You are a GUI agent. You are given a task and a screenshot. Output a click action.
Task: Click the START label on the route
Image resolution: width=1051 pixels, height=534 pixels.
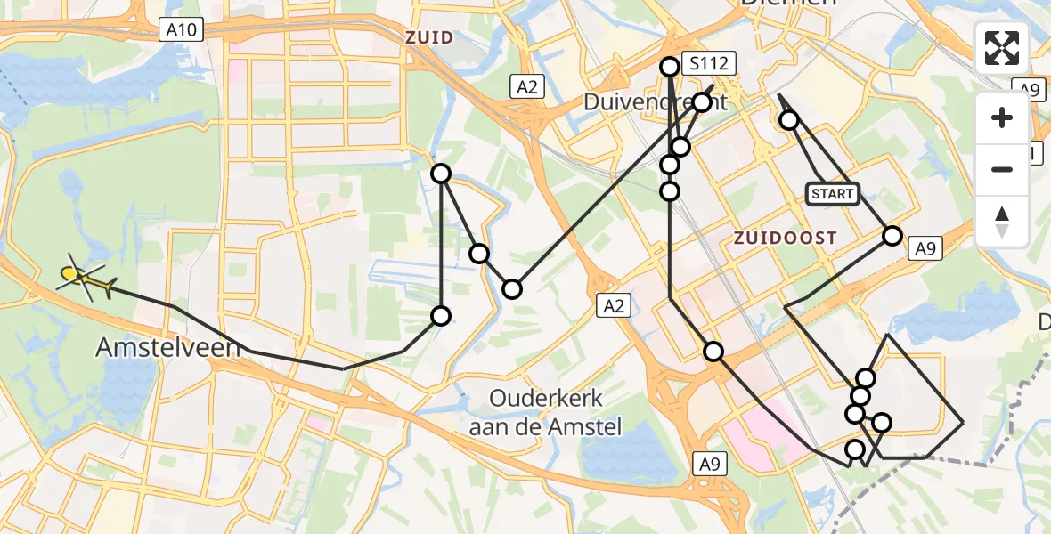click(833, 194)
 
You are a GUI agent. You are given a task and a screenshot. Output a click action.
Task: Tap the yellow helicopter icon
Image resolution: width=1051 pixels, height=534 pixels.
click(85, 279)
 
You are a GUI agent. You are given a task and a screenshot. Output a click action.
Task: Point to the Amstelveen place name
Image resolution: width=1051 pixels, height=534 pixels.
click(167, 348)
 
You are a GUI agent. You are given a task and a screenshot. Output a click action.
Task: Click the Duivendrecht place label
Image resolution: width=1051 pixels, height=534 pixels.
click(655, 101)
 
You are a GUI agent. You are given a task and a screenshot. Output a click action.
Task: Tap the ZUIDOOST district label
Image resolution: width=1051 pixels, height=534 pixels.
click(785, 238)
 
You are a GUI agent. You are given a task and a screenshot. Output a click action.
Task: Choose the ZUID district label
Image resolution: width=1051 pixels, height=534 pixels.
click(429, 37)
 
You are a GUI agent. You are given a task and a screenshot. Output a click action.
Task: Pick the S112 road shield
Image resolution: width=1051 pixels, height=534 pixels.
click(709, 63)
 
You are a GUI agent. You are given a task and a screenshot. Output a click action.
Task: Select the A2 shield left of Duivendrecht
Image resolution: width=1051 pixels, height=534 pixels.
click(526, 86)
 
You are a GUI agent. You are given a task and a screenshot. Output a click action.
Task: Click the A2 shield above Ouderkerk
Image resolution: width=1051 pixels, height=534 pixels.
click(615, 306)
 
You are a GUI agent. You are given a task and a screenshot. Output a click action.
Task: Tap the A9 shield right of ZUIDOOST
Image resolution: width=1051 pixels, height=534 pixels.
click(925, 250)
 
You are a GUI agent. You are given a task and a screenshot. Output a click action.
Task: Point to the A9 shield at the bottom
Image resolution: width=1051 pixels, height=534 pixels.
click(709, 463)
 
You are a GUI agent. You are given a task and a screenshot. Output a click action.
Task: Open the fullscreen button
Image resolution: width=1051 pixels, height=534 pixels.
click(1002, 48)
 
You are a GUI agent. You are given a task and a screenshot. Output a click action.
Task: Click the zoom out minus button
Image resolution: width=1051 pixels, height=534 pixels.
click(1002, 169)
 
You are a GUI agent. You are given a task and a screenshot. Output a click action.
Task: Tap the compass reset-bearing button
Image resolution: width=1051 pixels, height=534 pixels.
click(1002, 221)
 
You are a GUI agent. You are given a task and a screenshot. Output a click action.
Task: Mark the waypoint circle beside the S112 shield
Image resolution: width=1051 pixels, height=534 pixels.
click(670, 66)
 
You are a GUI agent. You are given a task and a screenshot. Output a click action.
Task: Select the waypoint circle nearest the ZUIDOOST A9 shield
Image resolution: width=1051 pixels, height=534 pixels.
click(892, 235)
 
